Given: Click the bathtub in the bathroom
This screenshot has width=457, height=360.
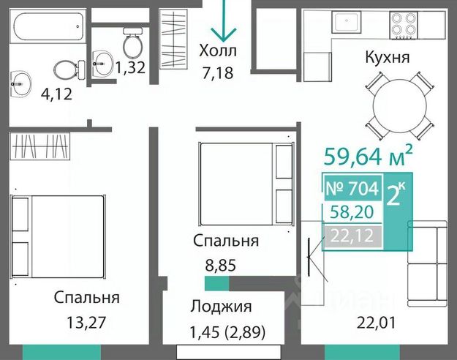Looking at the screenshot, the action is click(x=48, y=26).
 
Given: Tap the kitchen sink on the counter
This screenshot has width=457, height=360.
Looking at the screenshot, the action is click(x=347, y=22).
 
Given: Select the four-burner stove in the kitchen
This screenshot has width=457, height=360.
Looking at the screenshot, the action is click(x=404, y=25).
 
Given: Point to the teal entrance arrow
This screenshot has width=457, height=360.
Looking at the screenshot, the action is click(x=224, y=20).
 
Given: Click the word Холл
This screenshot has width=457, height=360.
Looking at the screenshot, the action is click(x=218, y=50).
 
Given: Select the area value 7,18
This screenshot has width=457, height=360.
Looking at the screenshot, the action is click(x=218, y=72).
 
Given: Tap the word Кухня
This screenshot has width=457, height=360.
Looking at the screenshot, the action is click(x=388, y=57).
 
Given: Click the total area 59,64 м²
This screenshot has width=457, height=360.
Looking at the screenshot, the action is click(x=369, y=156).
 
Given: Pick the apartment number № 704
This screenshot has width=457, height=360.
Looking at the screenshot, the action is click(x=352, y=188).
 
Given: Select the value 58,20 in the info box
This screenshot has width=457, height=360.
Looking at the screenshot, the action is click(x=352, y=212).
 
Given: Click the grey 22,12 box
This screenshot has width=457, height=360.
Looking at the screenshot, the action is click(x=352, y=236).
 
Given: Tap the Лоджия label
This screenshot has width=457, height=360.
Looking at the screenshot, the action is click(x=222, y=307).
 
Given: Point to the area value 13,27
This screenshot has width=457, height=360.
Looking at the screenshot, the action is click(x=86, y=323).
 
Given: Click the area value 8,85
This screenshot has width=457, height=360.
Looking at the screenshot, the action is click(x=220, y=266).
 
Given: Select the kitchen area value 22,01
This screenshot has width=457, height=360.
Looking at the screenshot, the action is click(x=377, y=323).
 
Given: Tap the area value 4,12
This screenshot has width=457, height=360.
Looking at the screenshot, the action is click(x=56, y=94).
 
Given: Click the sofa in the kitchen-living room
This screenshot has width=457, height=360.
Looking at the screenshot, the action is click(x=427, y=263).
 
